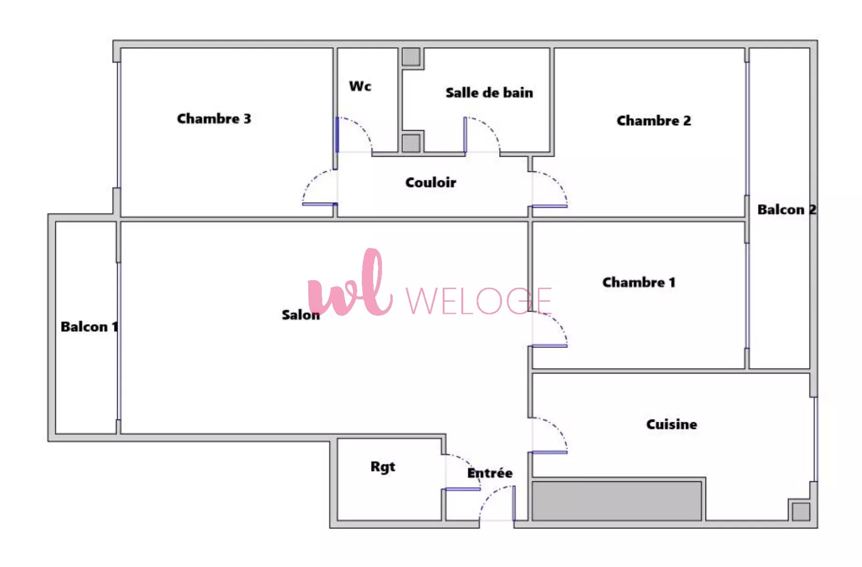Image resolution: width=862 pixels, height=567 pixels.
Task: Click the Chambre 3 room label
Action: click(214, 119)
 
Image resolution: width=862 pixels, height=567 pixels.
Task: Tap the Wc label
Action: click(360, 86)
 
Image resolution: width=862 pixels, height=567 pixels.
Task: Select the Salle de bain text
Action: click(489, 92)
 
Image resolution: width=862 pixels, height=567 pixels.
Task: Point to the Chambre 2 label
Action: click(653, 120)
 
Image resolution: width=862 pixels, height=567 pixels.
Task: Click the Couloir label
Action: click(431, 182)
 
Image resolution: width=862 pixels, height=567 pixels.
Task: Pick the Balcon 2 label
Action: click(787, 209)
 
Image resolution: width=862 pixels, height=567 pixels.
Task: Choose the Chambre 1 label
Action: click(638, 282)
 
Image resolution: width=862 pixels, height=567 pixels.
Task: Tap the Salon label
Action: click(301, 315)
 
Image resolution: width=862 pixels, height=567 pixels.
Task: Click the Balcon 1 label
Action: click(89, 326)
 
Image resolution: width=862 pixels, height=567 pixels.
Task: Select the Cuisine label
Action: click(671, 424)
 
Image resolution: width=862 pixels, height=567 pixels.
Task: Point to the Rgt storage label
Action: click(382, 467)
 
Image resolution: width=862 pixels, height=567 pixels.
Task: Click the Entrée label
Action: click(490, 473)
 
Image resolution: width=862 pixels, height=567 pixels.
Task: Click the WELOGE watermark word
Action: click(479, 301)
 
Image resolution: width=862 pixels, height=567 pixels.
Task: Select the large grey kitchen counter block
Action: click(616, 501)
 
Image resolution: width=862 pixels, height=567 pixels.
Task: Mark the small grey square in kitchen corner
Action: click(801, 512)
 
